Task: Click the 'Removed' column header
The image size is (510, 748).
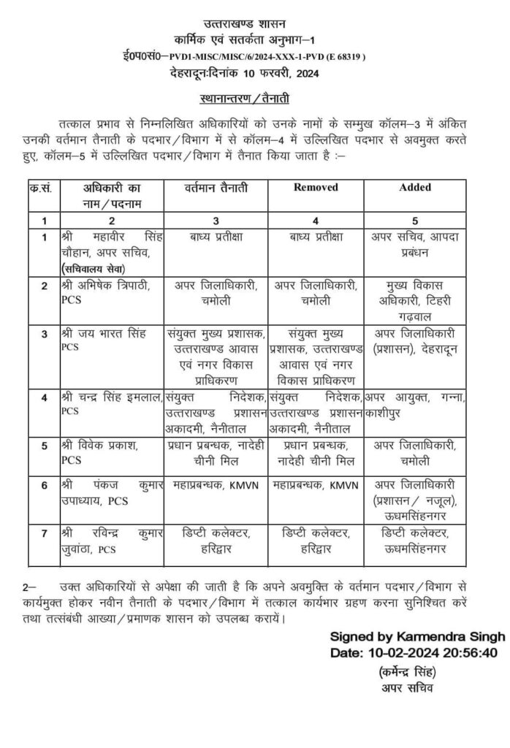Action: (316, 187)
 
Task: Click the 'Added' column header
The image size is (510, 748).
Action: (414, 187)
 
